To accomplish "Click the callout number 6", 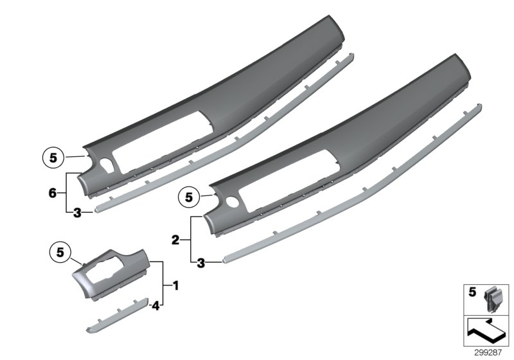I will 53,192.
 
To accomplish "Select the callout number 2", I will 175,240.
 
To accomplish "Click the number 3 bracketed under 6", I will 76,213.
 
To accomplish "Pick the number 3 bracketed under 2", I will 200,262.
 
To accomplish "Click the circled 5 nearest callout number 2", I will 189,197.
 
